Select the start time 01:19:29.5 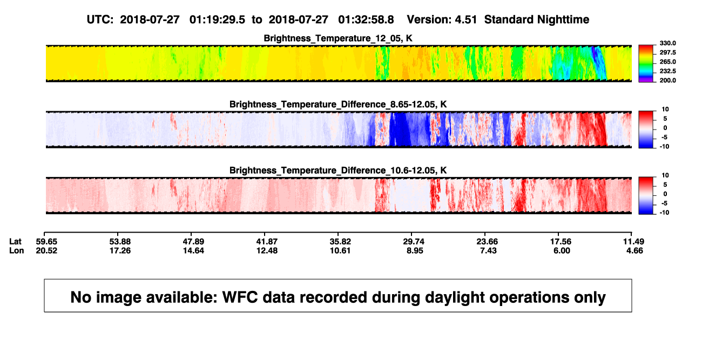pos(217,19)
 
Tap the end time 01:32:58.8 pos(366,19)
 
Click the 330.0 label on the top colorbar pos(667,43)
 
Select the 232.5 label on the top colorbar pos(667,71)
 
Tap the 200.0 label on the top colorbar pos(667,80)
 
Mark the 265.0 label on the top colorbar pos(667,62)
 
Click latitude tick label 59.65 pos(46,242)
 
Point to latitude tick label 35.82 pos(340,242)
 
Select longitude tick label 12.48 pos(267,250)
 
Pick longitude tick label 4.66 pos(634,250)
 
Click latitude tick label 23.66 pos(487,242)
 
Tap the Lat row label pos(15,242)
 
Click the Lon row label pos(16,250)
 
